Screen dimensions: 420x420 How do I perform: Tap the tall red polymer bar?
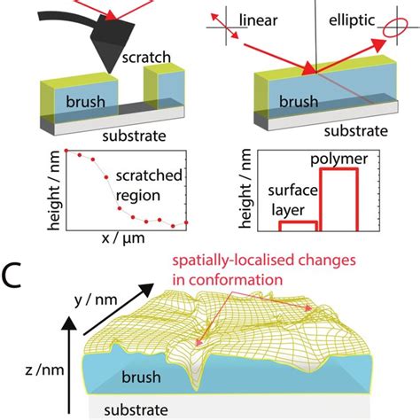338,200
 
